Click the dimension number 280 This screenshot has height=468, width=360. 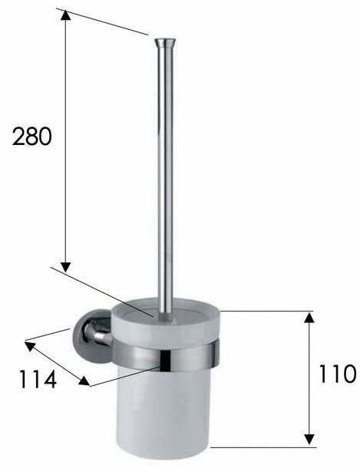click(32, 136)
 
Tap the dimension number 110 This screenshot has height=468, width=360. click(338, 374)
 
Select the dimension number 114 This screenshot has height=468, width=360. click(38, 379)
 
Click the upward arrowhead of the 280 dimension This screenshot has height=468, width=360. click(66, 15)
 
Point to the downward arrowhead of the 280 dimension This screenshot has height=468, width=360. click(66, 267)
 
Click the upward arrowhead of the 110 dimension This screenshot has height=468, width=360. click(309, 318)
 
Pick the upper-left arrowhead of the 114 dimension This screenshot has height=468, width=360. click(30, 346)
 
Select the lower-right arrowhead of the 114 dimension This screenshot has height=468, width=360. click(84, 381)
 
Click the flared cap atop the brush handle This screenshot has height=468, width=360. click(165, 43)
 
